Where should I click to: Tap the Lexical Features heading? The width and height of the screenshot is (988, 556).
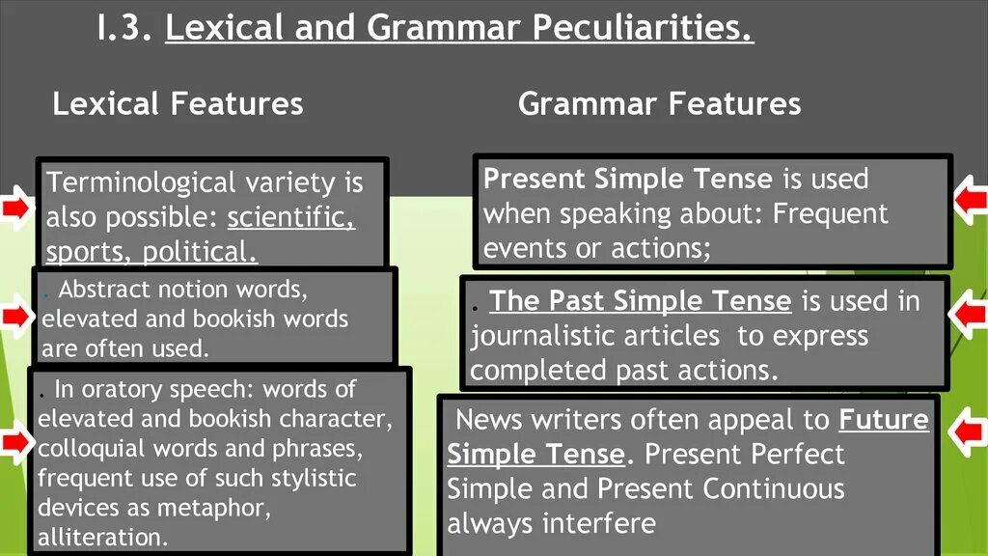[x=178, y=103]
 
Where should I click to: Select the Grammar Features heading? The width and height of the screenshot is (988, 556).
[x=659, y=103]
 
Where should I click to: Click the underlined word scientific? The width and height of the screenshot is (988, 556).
[x=291, y=217]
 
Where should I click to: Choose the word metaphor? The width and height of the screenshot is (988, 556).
[x=220, y=508]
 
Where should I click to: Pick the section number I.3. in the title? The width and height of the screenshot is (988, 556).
[x=124, y=29]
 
